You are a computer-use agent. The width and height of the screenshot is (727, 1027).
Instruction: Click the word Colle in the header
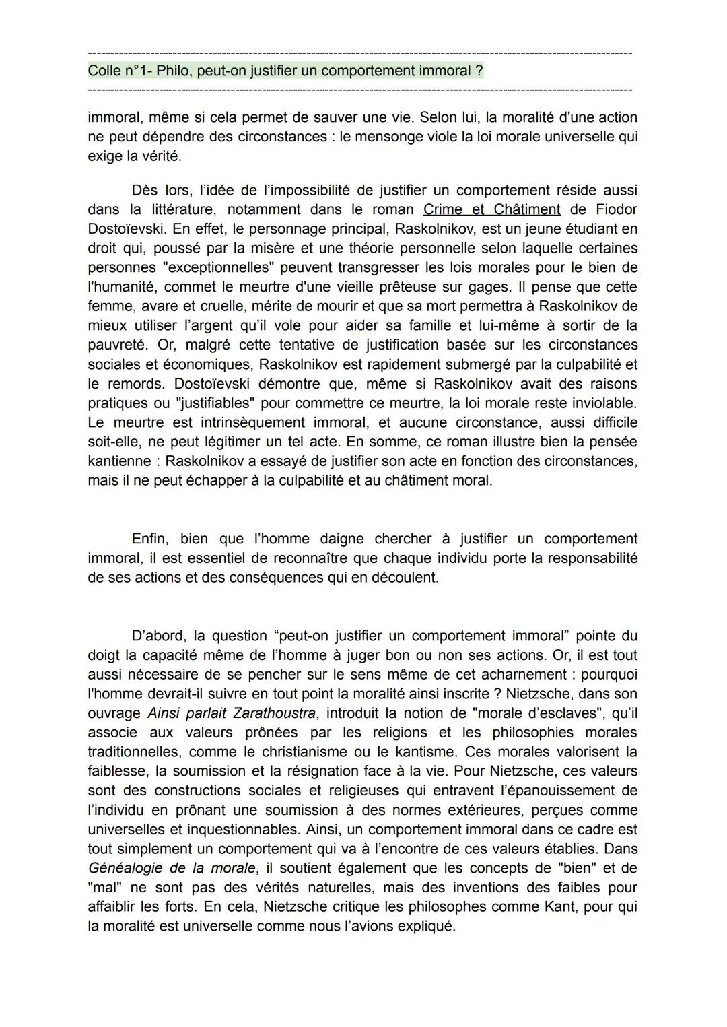click(103, 71)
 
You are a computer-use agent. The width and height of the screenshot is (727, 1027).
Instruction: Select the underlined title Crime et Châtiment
click(491, 209)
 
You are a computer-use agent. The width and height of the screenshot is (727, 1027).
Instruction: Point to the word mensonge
click(394, 137)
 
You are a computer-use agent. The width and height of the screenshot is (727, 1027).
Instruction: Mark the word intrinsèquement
click(253, 423)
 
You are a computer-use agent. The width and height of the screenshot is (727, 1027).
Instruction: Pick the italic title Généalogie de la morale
click(172, 868)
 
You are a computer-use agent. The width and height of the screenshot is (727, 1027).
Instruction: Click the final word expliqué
click(431, 927)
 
